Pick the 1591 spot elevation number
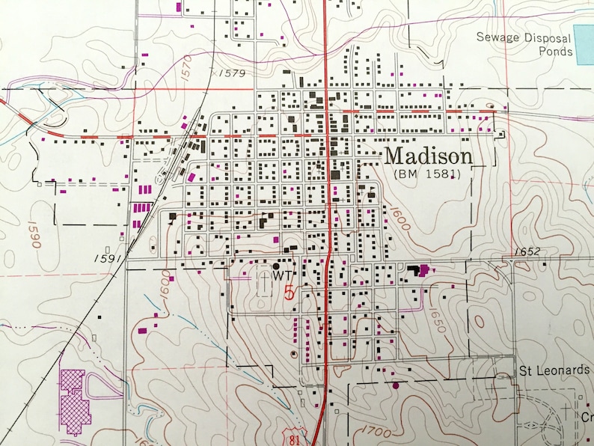coord(107,258)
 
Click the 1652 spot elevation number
coord(527,251)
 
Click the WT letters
coord(281,275)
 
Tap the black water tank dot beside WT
coord(276,265)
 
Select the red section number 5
coord(290,290)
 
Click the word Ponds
coord(557,52)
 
